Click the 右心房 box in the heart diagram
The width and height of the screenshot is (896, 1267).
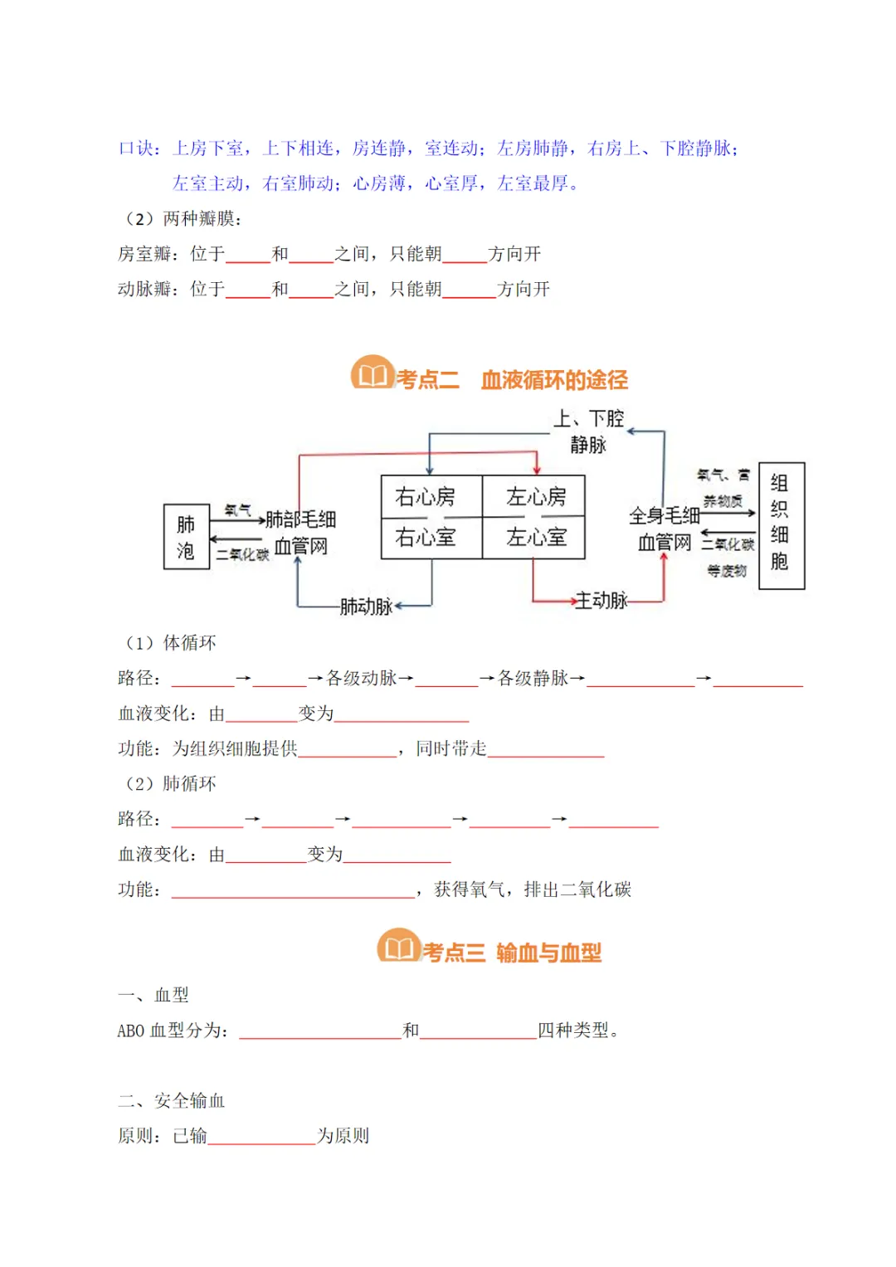pos(426,497)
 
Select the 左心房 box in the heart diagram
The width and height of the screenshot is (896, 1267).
pos(536,497)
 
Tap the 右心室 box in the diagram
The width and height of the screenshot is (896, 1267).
pos(426,538)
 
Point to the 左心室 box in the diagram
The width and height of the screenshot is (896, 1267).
pos(536,538)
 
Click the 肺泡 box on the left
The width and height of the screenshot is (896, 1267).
pos(186,538)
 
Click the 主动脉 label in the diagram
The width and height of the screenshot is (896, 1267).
pos(601,601)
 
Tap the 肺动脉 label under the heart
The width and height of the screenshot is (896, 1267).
pos(366,607)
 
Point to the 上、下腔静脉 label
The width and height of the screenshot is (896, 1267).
pos(588,431)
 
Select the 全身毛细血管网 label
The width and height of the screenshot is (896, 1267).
pos(664,529)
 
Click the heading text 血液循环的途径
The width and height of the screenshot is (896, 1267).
pos(554,380)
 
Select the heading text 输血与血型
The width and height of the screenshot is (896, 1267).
pos(548,953)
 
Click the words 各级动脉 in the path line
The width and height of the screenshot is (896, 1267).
pos(361,679)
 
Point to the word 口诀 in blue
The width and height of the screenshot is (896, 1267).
pos(137,149)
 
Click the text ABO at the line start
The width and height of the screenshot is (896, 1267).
pos(131,1031)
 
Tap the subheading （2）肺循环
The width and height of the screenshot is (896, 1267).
pos(170,784)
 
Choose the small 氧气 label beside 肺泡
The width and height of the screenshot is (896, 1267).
pos(238,510)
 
